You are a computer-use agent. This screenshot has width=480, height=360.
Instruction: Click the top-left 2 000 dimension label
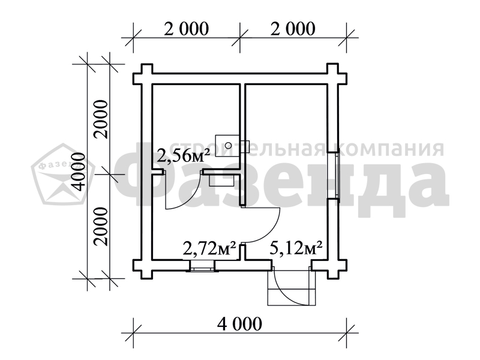coord(186,29)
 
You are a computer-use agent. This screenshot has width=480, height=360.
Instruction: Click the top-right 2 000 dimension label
coord(293,29)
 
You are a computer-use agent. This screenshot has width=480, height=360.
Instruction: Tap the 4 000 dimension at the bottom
coord(239,323)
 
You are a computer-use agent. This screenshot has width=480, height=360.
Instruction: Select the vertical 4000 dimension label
coord(79,172)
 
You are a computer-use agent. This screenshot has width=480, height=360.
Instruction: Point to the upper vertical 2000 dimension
coord(101,119)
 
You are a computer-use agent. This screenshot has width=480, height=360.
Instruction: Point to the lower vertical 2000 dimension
coord(101,227)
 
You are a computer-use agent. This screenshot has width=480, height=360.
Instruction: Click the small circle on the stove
coord(228,145)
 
